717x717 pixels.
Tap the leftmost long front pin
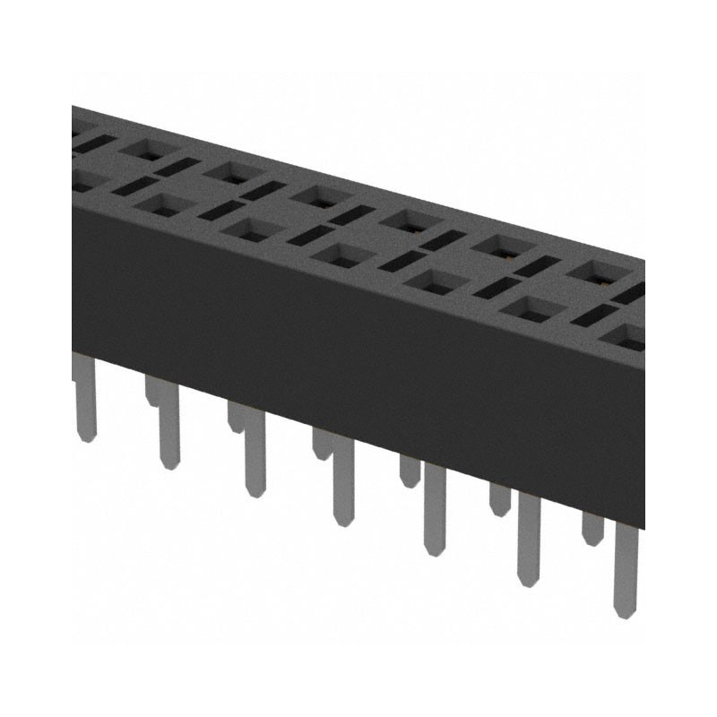pos(83,399)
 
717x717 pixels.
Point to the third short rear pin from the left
pos(321,443)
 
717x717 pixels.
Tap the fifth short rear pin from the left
pos(499,497)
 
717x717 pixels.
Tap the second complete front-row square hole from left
pos(246,229)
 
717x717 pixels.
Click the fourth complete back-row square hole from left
pos(405,220)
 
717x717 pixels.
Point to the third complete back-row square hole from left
pos(315,195)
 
